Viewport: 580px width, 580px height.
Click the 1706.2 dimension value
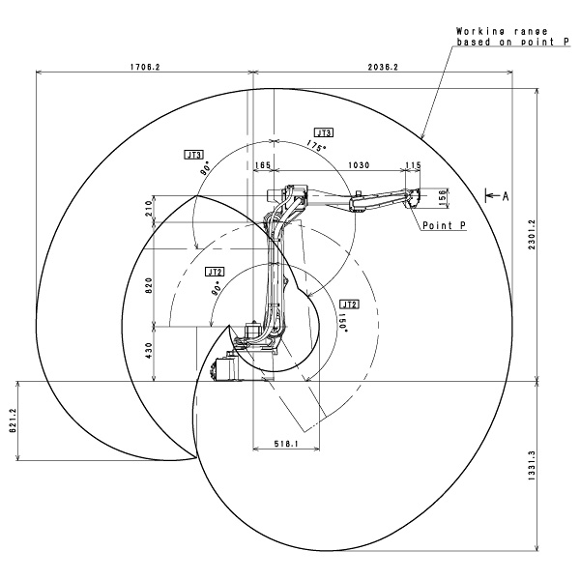point(143,67)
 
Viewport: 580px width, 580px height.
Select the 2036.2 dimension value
point(384,67)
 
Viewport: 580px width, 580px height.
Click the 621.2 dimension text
point(11,421)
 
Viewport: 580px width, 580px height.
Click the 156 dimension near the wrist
point(444,197)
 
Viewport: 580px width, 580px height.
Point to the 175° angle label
point(313,146)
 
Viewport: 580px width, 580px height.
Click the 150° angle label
point(343,320)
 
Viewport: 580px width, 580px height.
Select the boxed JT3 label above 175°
point(323,131)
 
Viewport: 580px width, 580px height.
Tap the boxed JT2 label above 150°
point(350,304)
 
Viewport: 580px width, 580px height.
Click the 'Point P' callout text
point(444,225)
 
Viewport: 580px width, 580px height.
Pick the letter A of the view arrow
point(505,196)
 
